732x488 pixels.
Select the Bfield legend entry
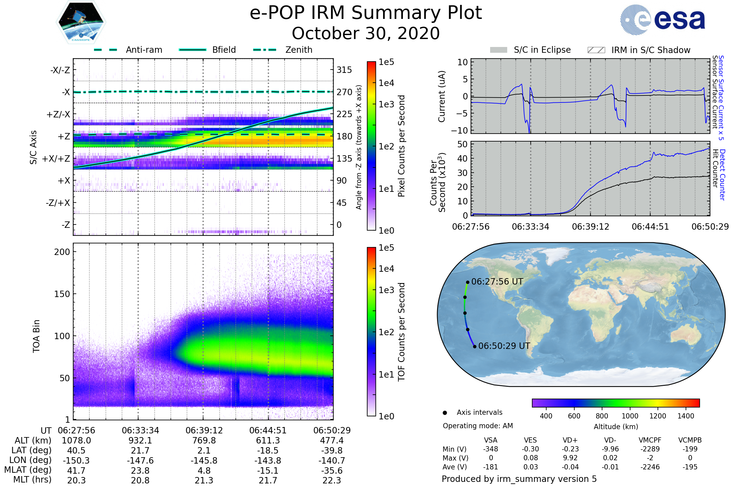coord(224,50)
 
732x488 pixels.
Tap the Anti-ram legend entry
coord(144,50)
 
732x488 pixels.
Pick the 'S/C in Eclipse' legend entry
coord(542,50)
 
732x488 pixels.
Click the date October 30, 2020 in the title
coord(366,33)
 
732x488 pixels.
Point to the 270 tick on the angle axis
coord(344,92)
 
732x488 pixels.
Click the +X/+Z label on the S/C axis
coord(56,159)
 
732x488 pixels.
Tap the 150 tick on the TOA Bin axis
coord(62,294)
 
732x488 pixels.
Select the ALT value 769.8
coord(204,440)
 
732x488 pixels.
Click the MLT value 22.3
coord(332,480)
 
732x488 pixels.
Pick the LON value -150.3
coord(76,460)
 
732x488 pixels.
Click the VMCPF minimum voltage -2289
coord(650,449)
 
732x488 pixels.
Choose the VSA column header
coord(490,440)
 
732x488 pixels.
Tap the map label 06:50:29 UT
coord(504,346)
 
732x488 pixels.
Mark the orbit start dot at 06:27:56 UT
coord(468,282)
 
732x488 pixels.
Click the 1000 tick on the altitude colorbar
coord(630,416)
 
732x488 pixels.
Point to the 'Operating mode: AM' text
coord(478,426)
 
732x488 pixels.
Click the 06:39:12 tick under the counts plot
coord(590,227)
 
